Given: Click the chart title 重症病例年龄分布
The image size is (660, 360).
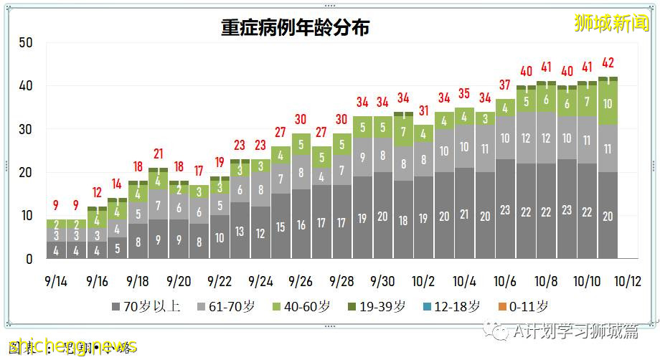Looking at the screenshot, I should tap(296, 28).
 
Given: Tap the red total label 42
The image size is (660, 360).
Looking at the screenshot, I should tap(608, 63).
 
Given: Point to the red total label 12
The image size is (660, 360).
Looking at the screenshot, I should tap(97, 193).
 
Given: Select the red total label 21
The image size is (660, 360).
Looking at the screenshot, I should tap(158, 154).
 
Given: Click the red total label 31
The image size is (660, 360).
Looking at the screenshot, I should tap(423, 111).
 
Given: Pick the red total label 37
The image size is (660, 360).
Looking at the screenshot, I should tap(505, 85).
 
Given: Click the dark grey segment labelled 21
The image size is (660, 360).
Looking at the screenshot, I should tap(464, 214).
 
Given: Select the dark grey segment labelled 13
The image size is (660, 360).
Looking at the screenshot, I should tap(240, 231).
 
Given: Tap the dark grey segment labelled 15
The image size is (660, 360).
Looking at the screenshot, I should tap(280, 227).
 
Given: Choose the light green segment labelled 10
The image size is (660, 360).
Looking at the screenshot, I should tap(608, 103).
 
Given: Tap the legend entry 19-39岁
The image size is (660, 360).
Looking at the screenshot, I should tap(376, 307).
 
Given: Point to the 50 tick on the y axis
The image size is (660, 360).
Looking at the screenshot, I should tap(26, 43).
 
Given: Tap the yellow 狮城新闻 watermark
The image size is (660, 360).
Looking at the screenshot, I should tap(611, 23).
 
